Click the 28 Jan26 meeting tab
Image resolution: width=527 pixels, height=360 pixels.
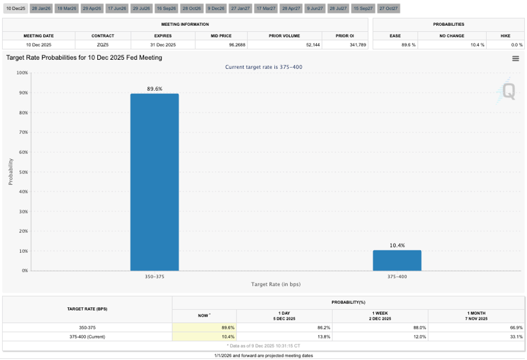41,9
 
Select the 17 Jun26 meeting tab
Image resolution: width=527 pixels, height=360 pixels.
117,9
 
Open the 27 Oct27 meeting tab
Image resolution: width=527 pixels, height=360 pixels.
388,9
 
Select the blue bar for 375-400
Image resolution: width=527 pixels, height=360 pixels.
397,260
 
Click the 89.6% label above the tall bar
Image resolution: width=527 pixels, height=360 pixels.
154,89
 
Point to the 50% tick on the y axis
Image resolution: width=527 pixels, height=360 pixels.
24,172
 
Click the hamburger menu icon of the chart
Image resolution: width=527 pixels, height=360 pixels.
515,59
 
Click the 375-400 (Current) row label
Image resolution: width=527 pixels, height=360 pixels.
87,337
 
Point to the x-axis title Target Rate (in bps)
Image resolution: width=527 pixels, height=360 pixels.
275,284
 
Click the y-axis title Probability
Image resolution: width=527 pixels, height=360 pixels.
11,172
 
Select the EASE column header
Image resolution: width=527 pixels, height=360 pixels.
395,36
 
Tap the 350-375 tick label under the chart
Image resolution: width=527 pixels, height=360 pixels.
154,276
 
